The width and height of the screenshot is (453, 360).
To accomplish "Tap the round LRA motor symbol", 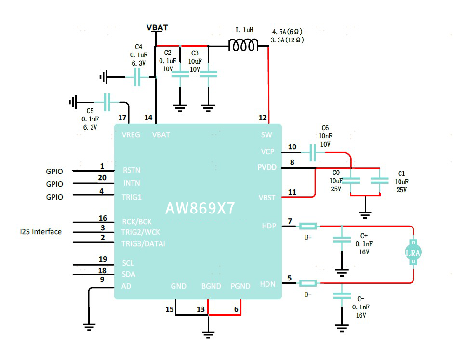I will pyautogui.click(x=413, y=253).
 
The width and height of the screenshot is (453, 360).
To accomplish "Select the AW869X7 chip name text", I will pyautogui.click(x=200, y=208).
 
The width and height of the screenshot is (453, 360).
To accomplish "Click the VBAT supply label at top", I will pyautogui.click(x=157, y=27).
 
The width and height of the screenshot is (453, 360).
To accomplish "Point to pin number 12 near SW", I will pyautogui.click(x=262, y=117).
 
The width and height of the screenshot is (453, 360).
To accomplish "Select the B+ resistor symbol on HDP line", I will pyautogui.click(x=308, y=226).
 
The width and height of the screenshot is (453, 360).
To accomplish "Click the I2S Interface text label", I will pyautogui.click(x=40, y=232).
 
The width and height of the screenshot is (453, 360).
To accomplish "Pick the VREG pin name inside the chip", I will pyautogui.click(x=131, y=135).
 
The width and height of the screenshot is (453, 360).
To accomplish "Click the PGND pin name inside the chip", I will pyautogui.click(x=240, y=286).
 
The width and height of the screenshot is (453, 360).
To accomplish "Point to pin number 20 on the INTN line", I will pyautogui.click(x=102, y=178).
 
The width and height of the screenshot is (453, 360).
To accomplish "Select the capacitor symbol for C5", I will pyautogui.click(x=107, y=102).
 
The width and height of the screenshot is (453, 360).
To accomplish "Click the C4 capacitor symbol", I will pyautogui.click(x=137, y=77).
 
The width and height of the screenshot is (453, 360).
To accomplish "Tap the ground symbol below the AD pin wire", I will pyautogui.click(x=89, y=326).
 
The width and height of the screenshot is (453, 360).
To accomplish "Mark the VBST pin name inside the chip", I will pyautogui.click(x=267, y=197).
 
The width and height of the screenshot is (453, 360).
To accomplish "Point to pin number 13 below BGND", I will pyautogui.click(x=200, y=309).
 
